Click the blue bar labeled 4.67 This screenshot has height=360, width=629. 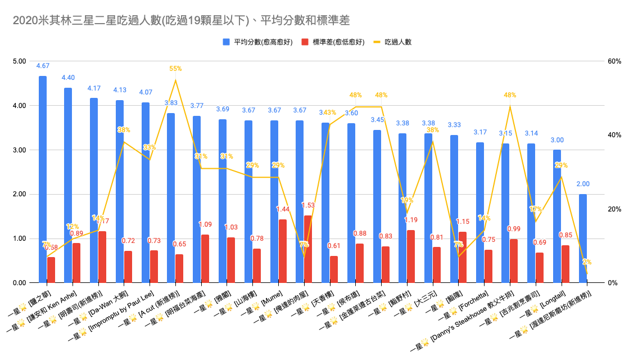click(43, 180)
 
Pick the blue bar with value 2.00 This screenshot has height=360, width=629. click(583, 238)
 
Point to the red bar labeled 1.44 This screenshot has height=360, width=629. click(282, 251)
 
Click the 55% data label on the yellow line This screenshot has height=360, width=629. click(175, 69)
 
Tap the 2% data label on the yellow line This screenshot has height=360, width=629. click(587, 262)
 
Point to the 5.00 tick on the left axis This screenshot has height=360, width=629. click(19, 61)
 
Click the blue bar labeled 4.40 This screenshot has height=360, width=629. click(68, 186)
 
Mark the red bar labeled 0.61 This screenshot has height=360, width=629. click(334, 269)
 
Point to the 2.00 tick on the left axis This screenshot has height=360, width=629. click(19, 194)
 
